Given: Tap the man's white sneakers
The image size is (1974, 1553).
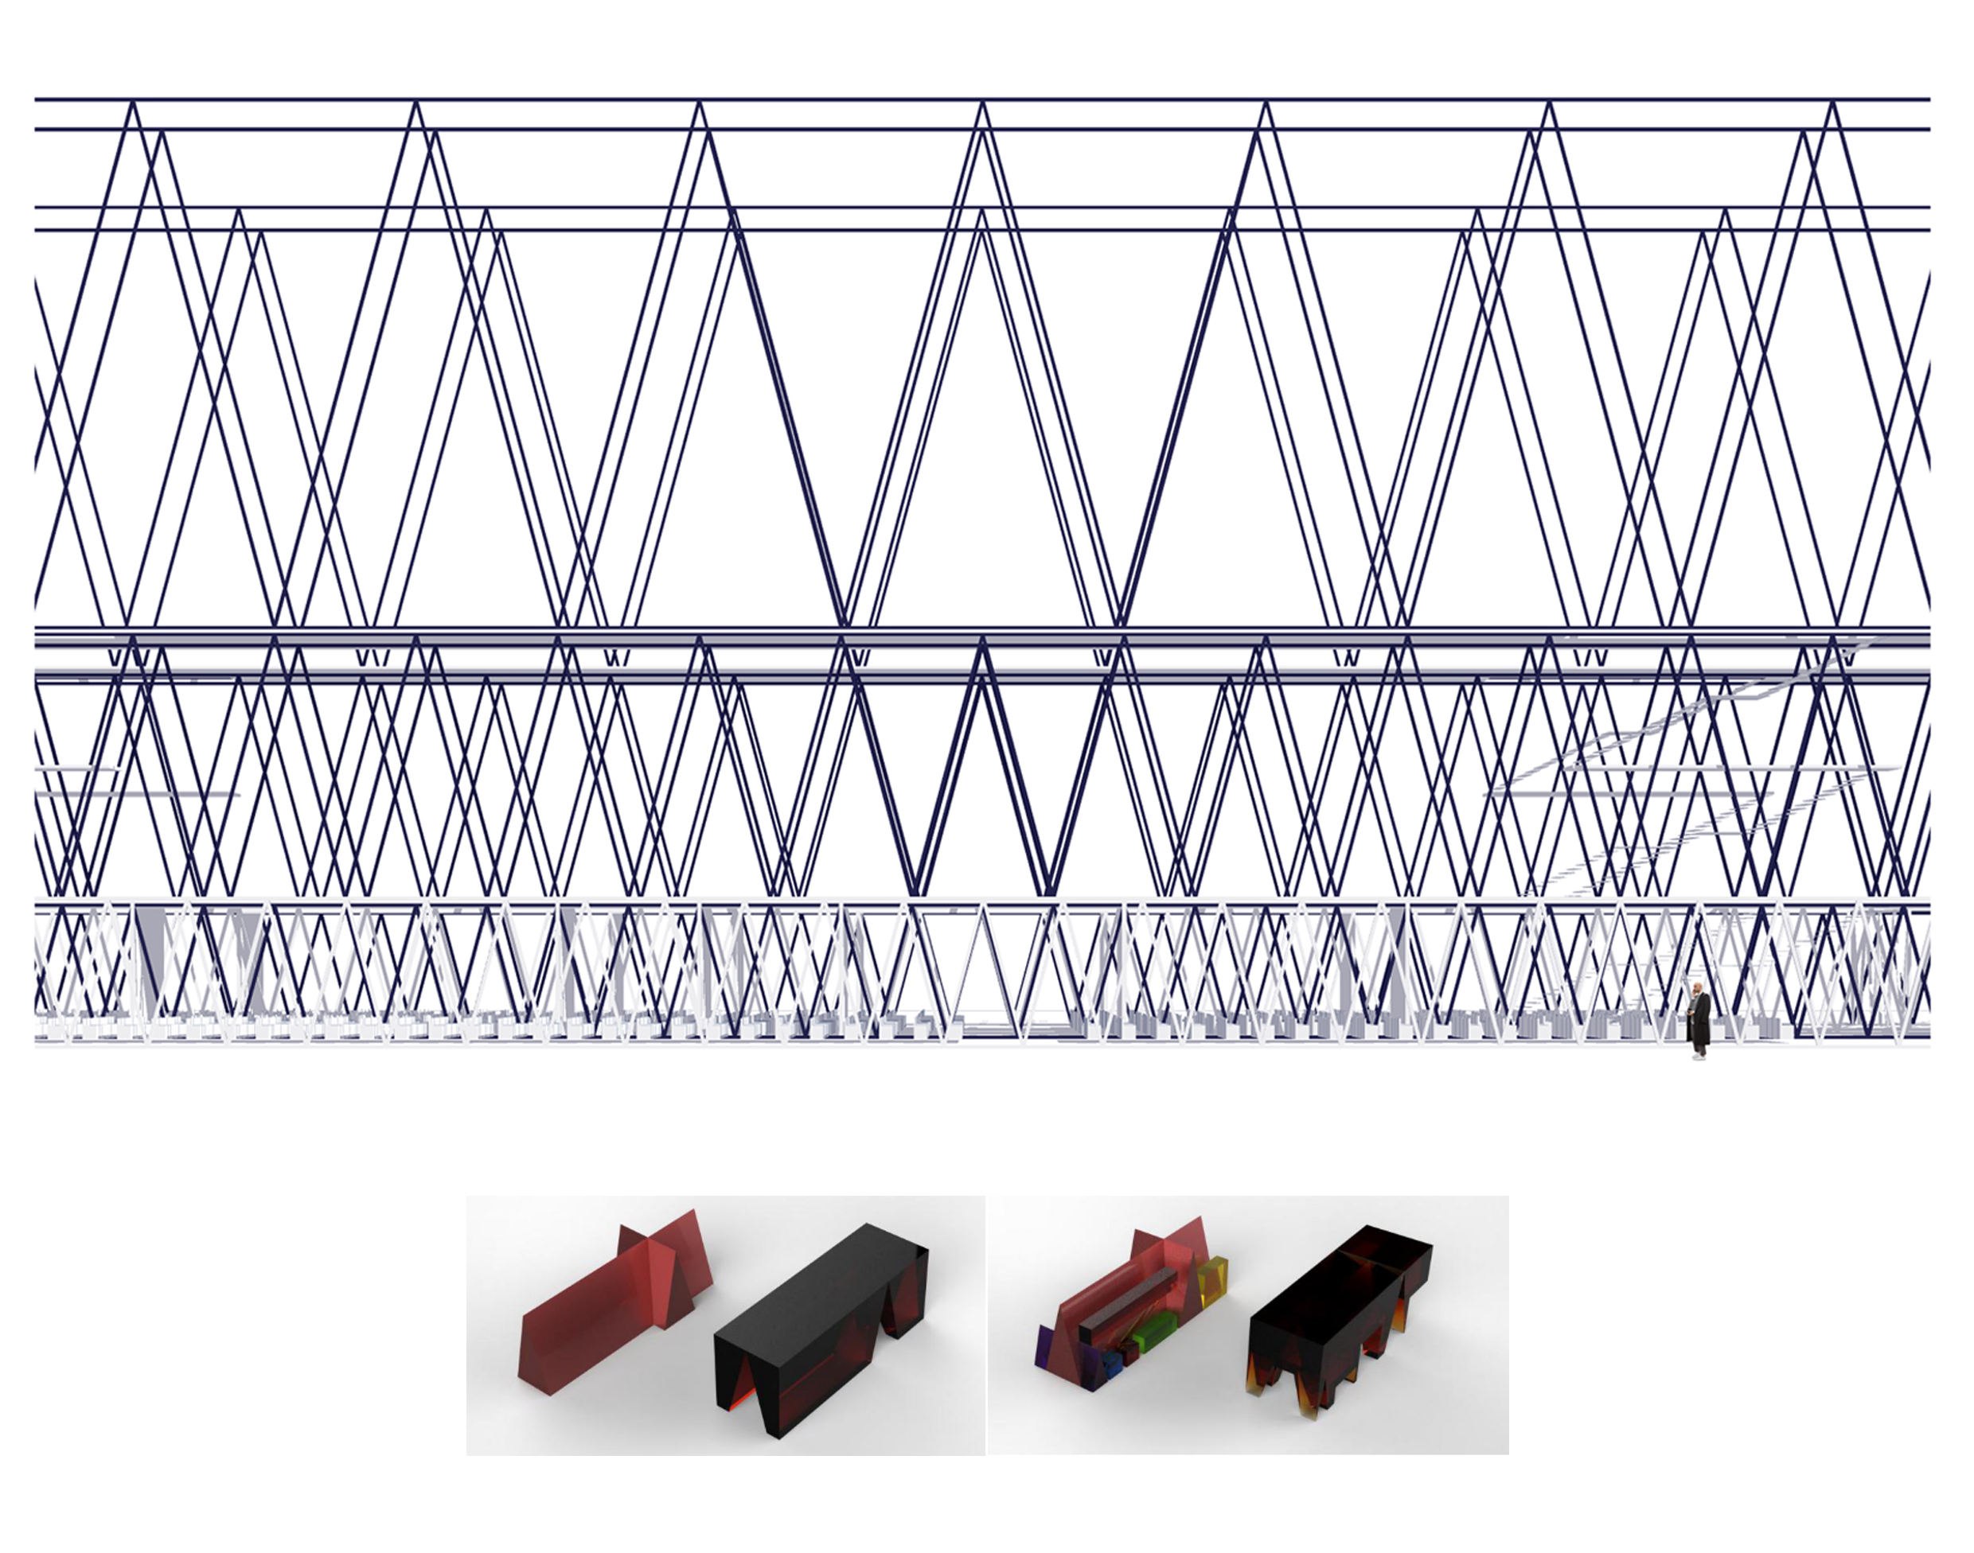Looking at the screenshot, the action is coord(1699,1055).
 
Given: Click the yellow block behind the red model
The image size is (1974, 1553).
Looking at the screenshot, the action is coord(1212,1279).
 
